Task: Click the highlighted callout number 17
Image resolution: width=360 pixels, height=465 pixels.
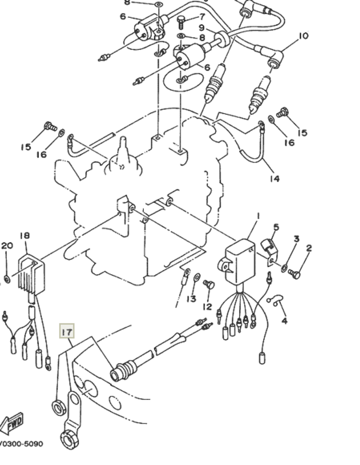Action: point(67,331)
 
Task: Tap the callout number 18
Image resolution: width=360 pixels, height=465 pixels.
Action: point(24,236)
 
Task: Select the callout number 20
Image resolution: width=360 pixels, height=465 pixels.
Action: point(7,246)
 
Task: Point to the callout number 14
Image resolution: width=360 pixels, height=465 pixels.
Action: point(274,178)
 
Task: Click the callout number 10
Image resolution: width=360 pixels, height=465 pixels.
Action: point(303,36)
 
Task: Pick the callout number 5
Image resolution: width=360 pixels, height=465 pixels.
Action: point(276,227)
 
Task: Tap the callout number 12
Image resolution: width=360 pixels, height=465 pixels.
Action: point(207,307)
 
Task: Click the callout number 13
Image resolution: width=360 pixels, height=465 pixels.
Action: point(192,299)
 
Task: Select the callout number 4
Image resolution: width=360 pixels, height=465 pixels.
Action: point(284,320)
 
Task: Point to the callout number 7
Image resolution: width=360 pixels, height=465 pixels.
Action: point(202,16)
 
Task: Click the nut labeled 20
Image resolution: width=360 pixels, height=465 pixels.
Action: point(7,279)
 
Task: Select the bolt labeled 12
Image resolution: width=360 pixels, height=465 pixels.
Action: point(209,285)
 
